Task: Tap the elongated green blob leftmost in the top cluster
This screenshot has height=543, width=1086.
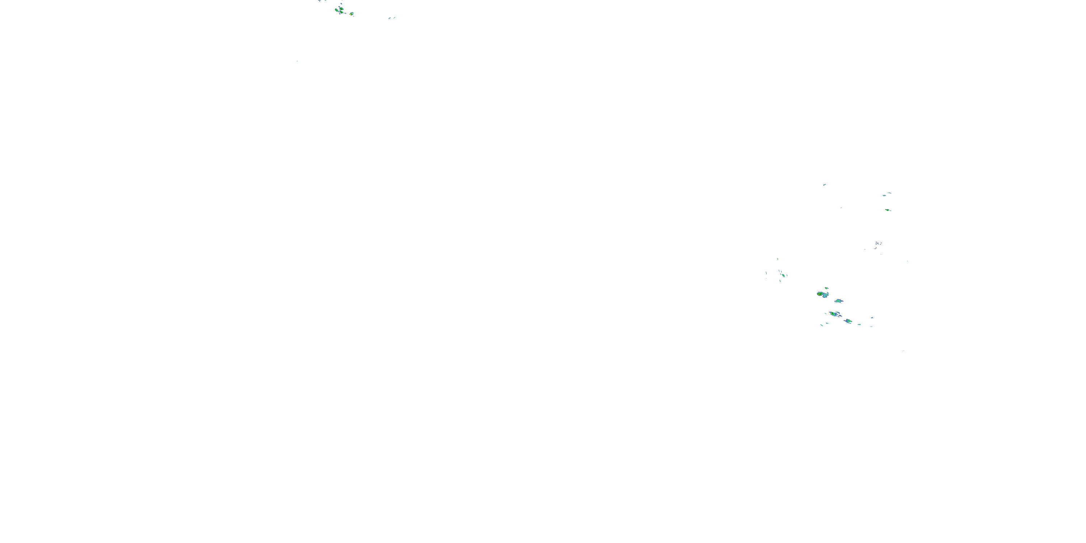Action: (337, 10)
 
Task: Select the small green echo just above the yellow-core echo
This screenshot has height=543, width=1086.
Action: (826, 289)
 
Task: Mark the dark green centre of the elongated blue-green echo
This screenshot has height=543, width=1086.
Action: (833, 313)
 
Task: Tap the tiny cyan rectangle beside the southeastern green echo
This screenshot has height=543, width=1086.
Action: (859, 325)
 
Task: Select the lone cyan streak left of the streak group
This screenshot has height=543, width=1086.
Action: (766, 274)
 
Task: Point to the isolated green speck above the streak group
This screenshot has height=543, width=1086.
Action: (778, 259)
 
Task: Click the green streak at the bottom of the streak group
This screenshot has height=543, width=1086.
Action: (780, 281)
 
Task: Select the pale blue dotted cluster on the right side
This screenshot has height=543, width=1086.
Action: (878, 244)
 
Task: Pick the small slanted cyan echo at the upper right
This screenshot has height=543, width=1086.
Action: (824, 185)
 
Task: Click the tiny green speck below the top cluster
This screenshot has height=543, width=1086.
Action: (297, 61)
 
